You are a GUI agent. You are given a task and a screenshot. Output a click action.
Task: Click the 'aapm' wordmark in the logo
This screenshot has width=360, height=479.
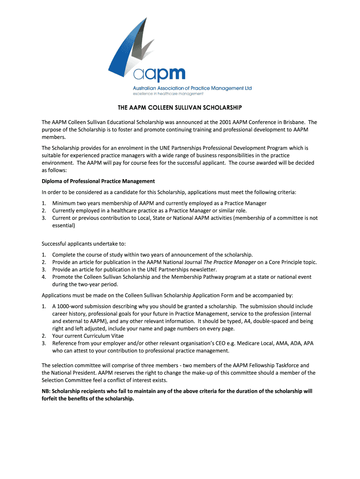(x=159, y=75)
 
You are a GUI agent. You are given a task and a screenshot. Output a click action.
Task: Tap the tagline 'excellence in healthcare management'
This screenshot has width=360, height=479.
(x=168, y=94)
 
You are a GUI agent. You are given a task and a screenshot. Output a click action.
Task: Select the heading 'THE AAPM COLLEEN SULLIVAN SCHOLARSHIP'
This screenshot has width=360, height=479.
(x=180, y=108)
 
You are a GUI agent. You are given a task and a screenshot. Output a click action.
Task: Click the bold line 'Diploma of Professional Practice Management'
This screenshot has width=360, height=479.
(x=98, y=181)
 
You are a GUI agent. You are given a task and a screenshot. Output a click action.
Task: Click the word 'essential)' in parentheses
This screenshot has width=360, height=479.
(x=64, y=225)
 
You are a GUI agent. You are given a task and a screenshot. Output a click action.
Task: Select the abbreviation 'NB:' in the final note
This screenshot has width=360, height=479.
(x=47, y=391)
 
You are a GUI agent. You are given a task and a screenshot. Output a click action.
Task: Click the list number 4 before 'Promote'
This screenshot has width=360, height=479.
(x=43, y=277)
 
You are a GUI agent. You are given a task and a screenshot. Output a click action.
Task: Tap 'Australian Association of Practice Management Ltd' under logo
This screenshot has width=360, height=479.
(x=193, y=88)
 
